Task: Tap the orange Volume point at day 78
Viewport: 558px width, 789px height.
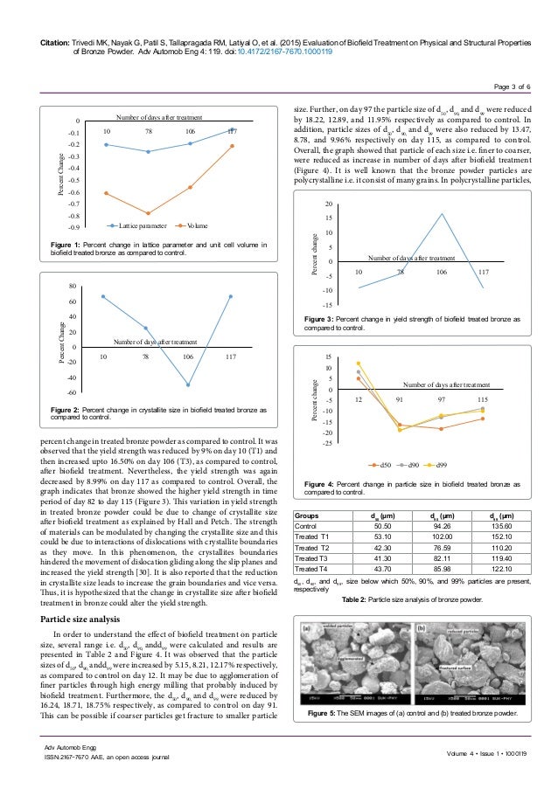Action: [x=148, y=212]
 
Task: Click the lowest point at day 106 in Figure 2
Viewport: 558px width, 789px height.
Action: [x=187, y=384]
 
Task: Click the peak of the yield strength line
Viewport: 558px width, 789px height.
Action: [x=442, y=214]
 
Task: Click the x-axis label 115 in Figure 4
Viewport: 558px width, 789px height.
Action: [x=481, y=398]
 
